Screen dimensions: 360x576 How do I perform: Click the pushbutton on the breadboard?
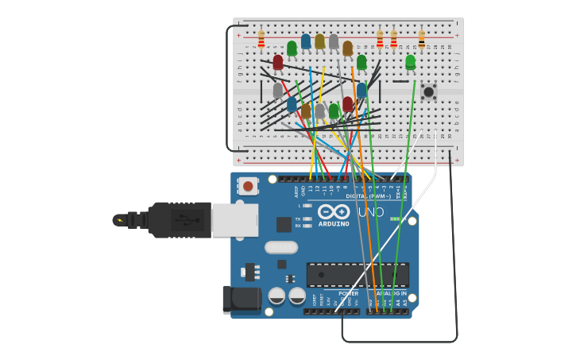coord(428,92)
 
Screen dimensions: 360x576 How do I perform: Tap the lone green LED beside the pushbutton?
coord(410,62)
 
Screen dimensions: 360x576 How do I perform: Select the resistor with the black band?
coord(421,37)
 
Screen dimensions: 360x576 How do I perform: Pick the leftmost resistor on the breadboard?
coord(261,38)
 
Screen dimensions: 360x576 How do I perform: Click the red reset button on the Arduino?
coord(248,186)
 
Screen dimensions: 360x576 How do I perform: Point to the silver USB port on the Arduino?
coord(234,219)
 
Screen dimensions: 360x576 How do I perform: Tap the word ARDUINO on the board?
coord(334,223)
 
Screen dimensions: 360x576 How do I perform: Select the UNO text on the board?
coord(371,213)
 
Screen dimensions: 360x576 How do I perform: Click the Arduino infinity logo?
coord(334,211)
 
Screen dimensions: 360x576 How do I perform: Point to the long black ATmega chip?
coord(358,275)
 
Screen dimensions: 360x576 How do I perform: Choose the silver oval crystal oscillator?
coord(281,247)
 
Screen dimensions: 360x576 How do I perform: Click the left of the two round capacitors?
coord(276,296)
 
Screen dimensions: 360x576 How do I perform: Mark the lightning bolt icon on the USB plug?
coord(120,220)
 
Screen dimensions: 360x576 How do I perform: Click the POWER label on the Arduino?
coord(348,293)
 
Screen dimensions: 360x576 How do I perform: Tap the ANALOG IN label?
coord(390,293)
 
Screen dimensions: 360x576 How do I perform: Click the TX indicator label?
coord(298,219)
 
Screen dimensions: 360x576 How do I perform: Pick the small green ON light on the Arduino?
coord(394,219)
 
